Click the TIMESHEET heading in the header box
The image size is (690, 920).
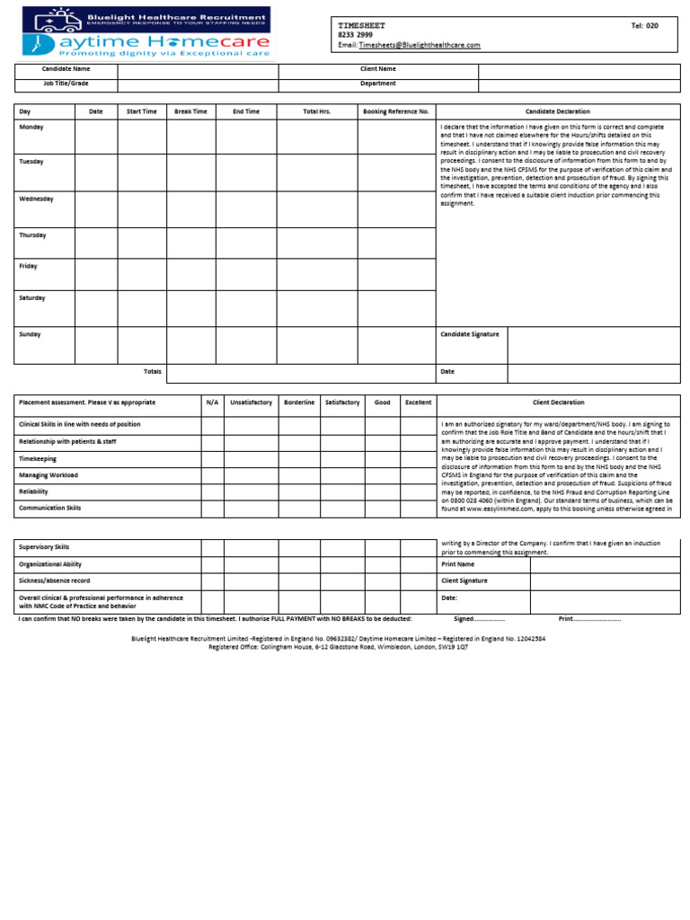coord(358,26)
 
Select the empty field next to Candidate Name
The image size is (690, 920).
coord(198,70)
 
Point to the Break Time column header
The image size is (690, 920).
coord(190,111)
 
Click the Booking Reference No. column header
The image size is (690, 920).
coord(396,111)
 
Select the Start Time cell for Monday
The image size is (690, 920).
coord(141,137)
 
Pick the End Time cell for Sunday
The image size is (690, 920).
coord(245,345)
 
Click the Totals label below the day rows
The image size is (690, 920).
coord(153,372)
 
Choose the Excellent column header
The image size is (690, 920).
coord(418,402)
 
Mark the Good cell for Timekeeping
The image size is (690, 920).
coord(382,458)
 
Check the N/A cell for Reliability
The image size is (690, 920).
coord(212,492)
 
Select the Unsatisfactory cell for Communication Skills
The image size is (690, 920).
coord(251,509)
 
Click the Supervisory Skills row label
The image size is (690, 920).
coord(44,547)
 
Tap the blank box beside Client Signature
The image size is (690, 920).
coord(605,581)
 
